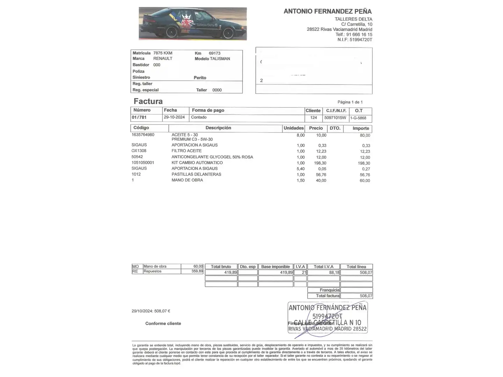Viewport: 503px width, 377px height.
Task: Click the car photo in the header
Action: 192,23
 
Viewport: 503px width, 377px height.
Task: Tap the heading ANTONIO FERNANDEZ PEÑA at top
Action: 327,11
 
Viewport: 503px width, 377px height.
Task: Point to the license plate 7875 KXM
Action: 163,53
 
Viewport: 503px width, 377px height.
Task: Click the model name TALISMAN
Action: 220,59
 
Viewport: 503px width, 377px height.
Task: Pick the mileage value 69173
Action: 214,53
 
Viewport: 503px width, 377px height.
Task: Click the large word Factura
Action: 148,101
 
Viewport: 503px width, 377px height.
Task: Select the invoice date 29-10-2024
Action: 174,117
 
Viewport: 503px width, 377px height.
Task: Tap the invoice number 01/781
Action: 139,117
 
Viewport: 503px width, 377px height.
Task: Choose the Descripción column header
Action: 218,128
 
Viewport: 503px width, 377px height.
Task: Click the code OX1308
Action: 139,151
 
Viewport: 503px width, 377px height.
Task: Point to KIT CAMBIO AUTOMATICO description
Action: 197,163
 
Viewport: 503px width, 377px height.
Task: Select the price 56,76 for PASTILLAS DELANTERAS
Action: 321,175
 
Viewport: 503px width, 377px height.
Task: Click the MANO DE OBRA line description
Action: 187,180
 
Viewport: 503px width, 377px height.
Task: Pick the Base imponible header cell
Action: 276,267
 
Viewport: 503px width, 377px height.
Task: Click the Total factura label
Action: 327,296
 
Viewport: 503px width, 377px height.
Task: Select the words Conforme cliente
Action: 163,324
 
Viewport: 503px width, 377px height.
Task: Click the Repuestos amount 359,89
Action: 197,271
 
